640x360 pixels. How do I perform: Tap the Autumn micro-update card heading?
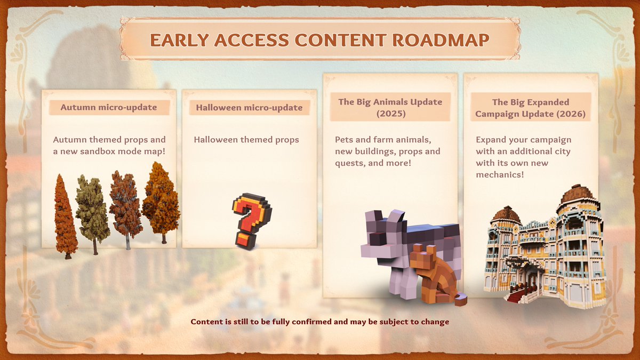109,107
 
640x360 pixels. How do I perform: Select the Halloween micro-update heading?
249,108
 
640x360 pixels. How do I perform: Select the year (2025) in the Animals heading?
390,114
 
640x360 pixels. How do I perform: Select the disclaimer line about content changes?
320,322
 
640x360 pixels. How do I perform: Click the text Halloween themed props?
246,140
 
